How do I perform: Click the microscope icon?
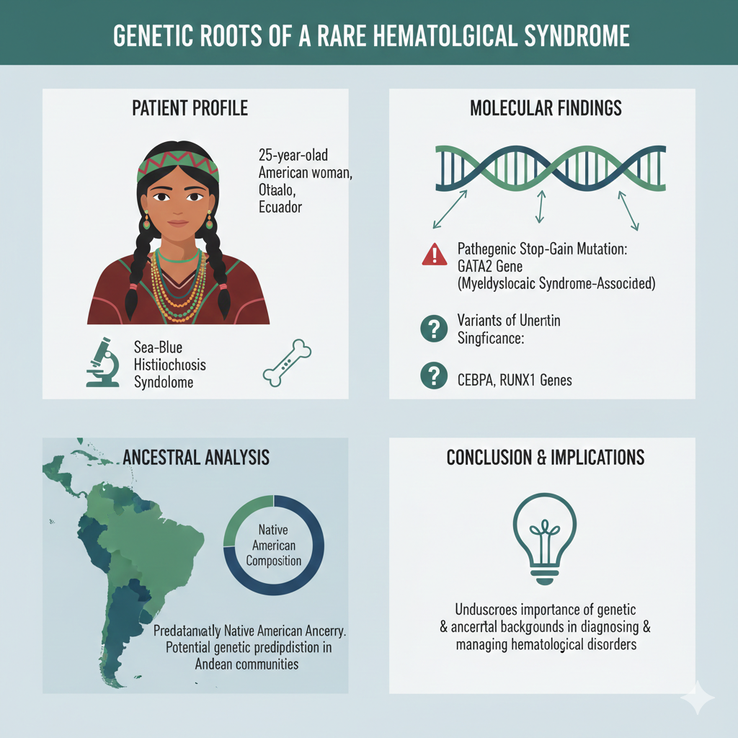[102, 363]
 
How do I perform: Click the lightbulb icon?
[544, 533]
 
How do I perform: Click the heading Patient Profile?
[190, 109]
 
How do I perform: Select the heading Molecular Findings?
[546, 109]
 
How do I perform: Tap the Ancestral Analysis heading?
[196, 457]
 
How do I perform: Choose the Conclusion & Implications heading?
[546, 458]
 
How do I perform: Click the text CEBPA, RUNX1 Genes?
[515, 379]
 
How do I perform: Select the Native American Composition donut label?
[275, 546]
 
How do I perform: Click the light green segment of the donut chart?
[238, 520]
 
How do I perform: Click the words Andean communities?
[246, 664]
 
